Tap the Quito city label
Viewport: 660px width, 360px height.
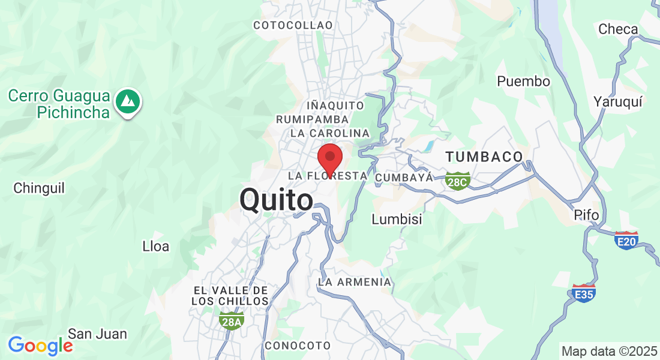tap(276, 200)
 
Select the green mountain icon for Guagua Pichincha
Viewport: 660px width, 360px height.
tap(127, 101)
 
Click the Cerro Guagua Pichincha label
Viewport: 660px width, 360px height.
tap(59, 104)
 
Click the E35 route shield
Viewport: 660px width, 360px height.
tap(584, 293)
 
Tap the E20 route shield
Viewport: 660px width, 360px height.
tap(626, 241)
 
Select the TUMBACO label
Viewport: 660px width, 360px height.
tap(484, 157)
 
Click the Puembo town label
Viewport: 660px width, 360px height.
tap(523, 81)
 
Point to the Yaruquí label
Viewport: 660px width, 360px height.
tap(617, 101)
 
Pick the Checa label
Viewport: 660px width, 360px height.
tap(618, 29)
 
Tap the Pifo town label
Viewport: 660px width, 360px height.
tap(586, 215)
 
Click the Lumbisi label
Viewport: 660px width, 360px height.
tap(397, 219)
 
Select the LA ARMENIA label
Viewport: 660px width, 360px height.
tap(355, 282)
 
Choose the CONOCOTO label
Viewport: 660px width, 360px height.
tap(298, 346)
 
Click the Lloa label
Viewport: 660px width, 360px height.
tap(155, 246)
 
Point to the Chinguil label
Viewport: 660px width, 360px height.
tap(39, 188)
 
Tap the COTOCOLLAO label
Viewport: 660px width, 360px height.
tap(293, 25)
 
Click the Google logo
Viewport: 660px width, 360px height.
tap(40, 346)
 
